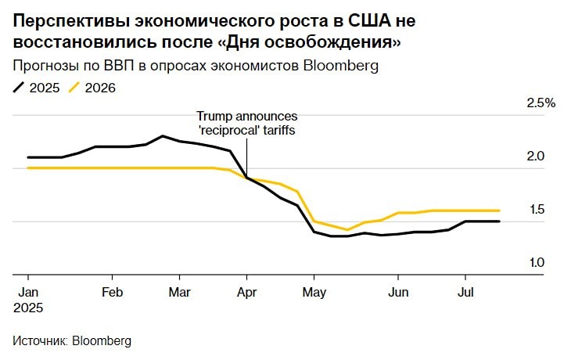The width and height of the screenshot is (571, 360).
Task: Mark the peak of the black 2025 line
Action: (163, 136)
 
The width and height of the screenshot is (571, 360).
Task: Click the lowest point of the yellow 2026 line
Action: (347, 230)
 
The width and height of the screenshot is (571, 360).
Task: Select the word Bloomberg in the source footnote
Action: (102, 341)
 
